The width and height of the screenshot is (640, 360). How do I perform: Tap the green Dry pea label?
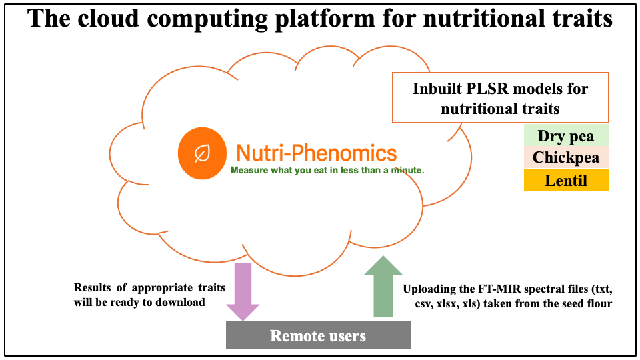click(566, 137)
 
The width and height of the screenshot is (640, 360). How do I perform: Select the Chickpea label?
click(566, 158)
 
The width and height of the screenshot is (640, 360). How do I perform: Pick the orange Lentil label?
click(566, 180)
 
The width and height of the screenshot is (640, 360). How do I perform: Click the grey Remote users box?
click(317, 335)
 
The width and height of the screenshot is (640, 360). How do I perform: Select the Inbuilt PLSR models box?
click(500, 98)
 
